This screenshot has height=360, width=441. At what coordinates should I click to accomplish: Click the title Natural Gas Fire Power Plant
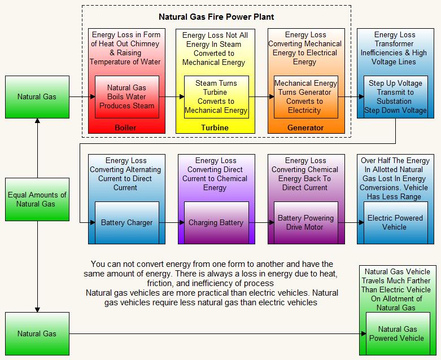pos(216,17)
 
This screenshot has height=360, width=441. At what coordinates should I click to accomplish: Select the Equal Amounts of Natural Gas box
pos(37,199)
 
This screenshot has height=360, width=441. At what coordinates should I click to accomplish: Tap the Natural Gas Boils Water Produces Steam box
pos(126,96)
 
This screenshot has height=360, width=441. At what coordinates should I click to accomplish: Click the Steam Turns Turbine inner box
pos(216,96)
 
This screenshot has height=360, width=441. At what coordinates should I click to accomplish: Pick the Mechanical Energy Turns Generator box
pos(305,96)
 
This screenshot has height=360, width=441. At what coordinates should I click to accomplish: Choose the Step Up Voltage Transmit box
pos(395,96)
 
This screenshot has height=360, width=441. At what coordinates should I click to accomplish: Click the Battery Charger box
pos(126,222)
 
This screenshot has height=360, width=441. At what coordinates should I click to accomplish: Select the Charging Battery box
pos(216,222)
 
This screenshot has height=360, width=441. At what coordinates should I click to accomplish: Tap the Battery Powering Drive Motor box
pos(305,222)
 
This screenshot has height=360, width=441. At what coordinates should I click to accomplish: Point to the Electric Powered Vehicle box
pos(395,222)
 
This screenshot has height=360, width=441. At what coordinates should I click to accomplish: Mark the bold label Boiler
pos(125,128)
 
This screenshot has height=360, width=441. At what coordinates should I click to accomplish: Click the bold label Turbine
pos(215,128)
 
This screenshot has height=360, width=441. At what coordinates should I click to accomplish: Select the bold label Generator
pos(305,128)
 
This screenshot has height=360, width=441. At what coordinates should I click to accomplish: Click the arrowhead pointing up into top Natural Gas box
pos(37,120)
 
